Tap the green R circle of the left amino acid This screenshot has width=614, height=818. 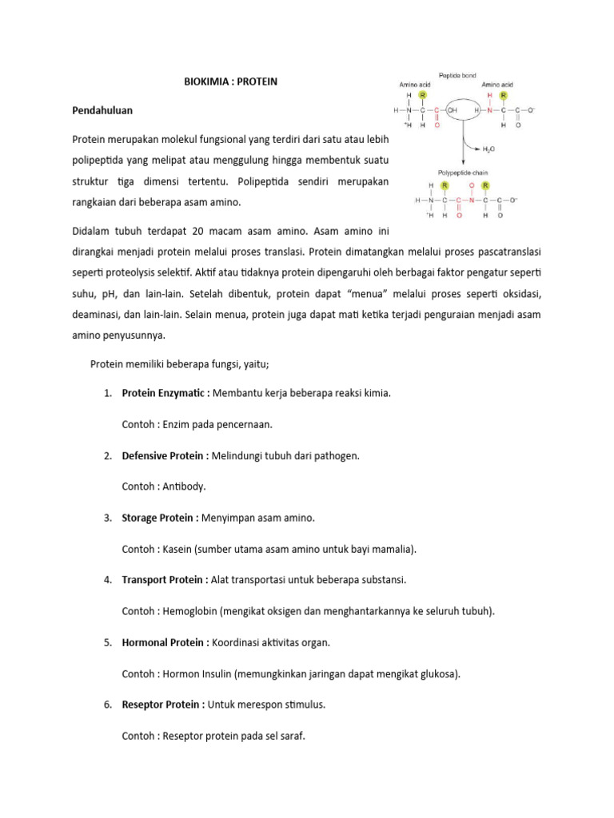click(422, 95)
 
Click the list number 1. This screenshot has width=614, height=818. click(107, 394)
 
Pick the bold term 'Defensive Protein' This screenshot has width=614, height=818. click(164, 455)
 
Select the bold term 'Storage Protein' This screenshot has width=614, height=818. click(158, 518)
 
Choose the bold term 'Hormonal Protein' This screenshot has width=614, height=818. click(163, 642)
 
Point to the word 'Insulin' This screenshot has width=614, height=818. click(215, 673)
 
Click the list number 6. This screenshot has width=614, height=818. click(107, 705)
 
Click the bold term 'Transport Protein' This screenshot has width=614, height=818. click(163, 580)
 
